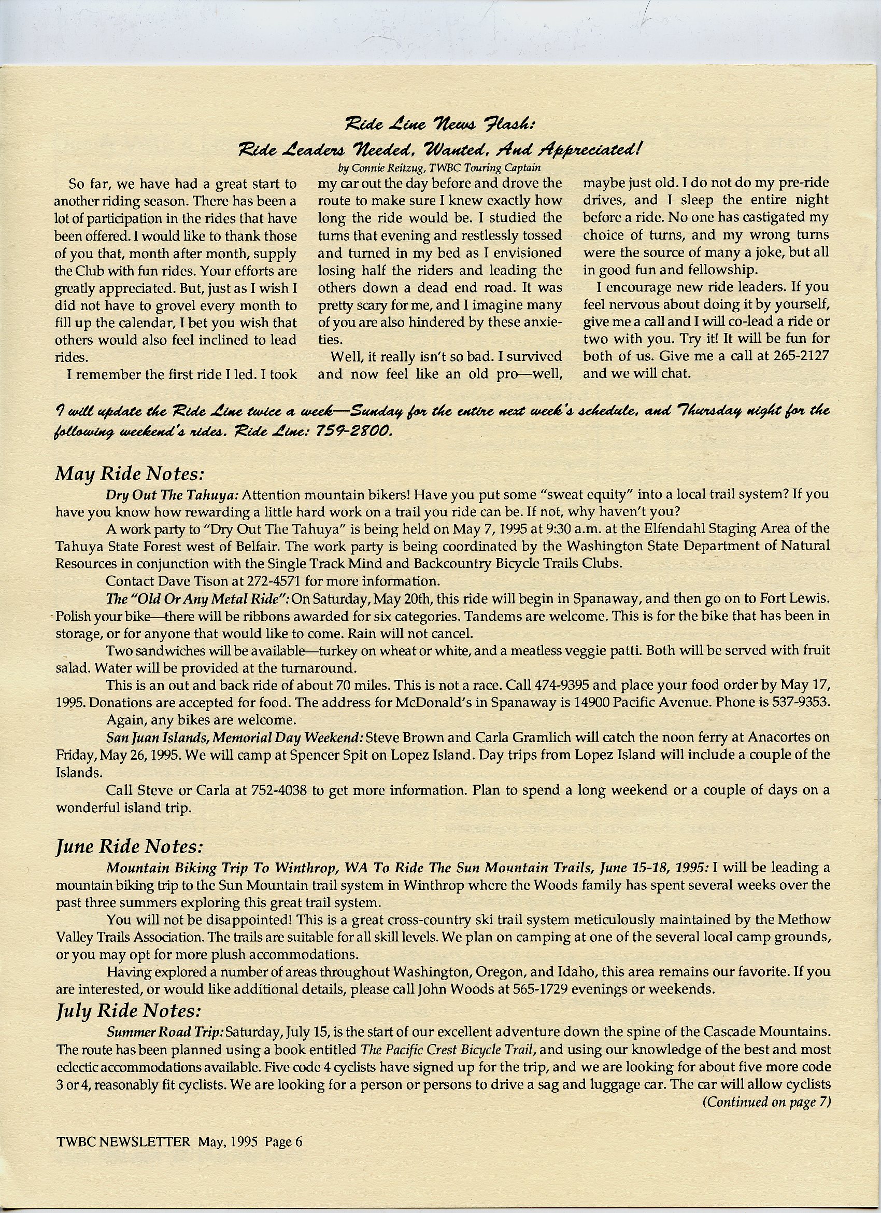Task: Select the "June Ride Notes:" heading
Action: [x=130, y=847]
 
